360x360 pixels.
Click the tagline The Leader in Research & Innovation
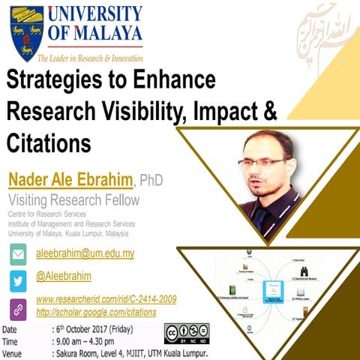pos(91,58)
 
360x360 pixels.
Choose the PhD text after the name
pos(151,181)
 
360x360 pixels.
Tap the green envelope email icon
pos(18,253)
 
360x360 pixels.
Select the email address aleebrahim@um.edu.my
pos(85,253)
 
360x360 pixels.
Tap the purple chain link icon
pos(18,308)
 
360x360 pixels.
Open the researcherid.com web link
pos(106,300)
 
